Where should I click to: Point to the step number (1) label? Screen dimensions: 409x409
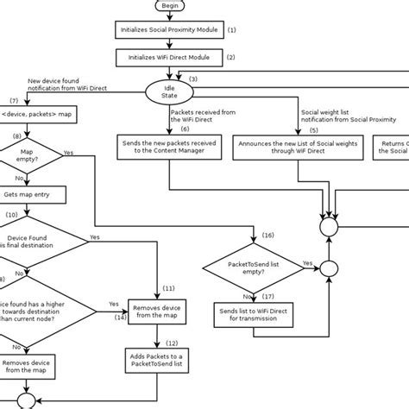point(231,29)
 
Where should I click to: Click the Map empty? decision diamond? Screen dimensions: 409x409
point(32,156)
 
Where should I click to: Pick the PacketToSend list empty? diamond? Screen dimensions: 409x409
point(251,267)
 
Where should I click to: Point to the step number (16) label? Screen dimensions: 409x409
point(268,235)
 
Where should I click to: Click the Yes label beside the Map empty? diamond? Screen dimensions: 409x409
point(68,152)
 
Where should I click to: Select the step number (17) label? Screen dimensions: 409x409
point(267,295)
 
